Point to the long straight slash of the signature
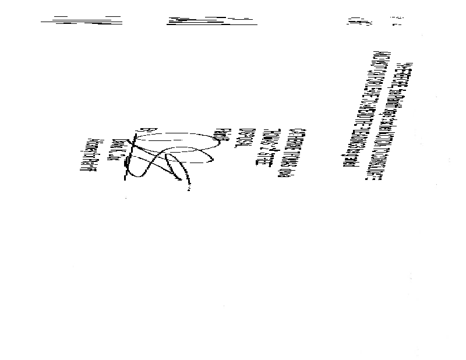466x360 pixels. click(x=130, y=154)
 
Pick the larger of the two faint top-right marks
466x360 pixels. click(x=354, y=23)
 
